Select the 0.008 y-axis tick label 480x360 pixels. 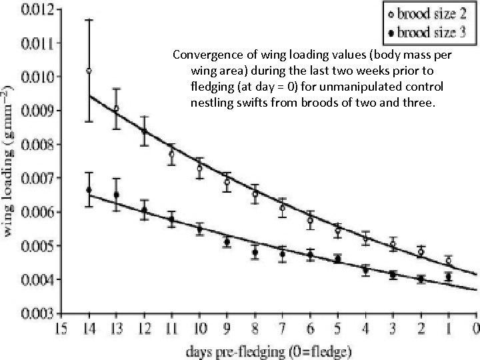click(x=25, y=143)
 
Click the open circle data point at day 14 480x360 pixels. click(x=89, y=71)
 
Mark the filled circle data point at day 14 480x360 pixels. click(x=89, y=190)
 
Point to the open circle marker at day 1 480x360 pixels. click(x=448, y=261)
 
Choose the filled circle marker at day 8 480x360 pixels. click(x=255, y=253)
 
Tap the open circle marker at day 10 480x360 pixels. click(x=199, y=168)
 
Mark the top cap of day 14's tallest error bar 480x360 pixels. click(x=89, y=20)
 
